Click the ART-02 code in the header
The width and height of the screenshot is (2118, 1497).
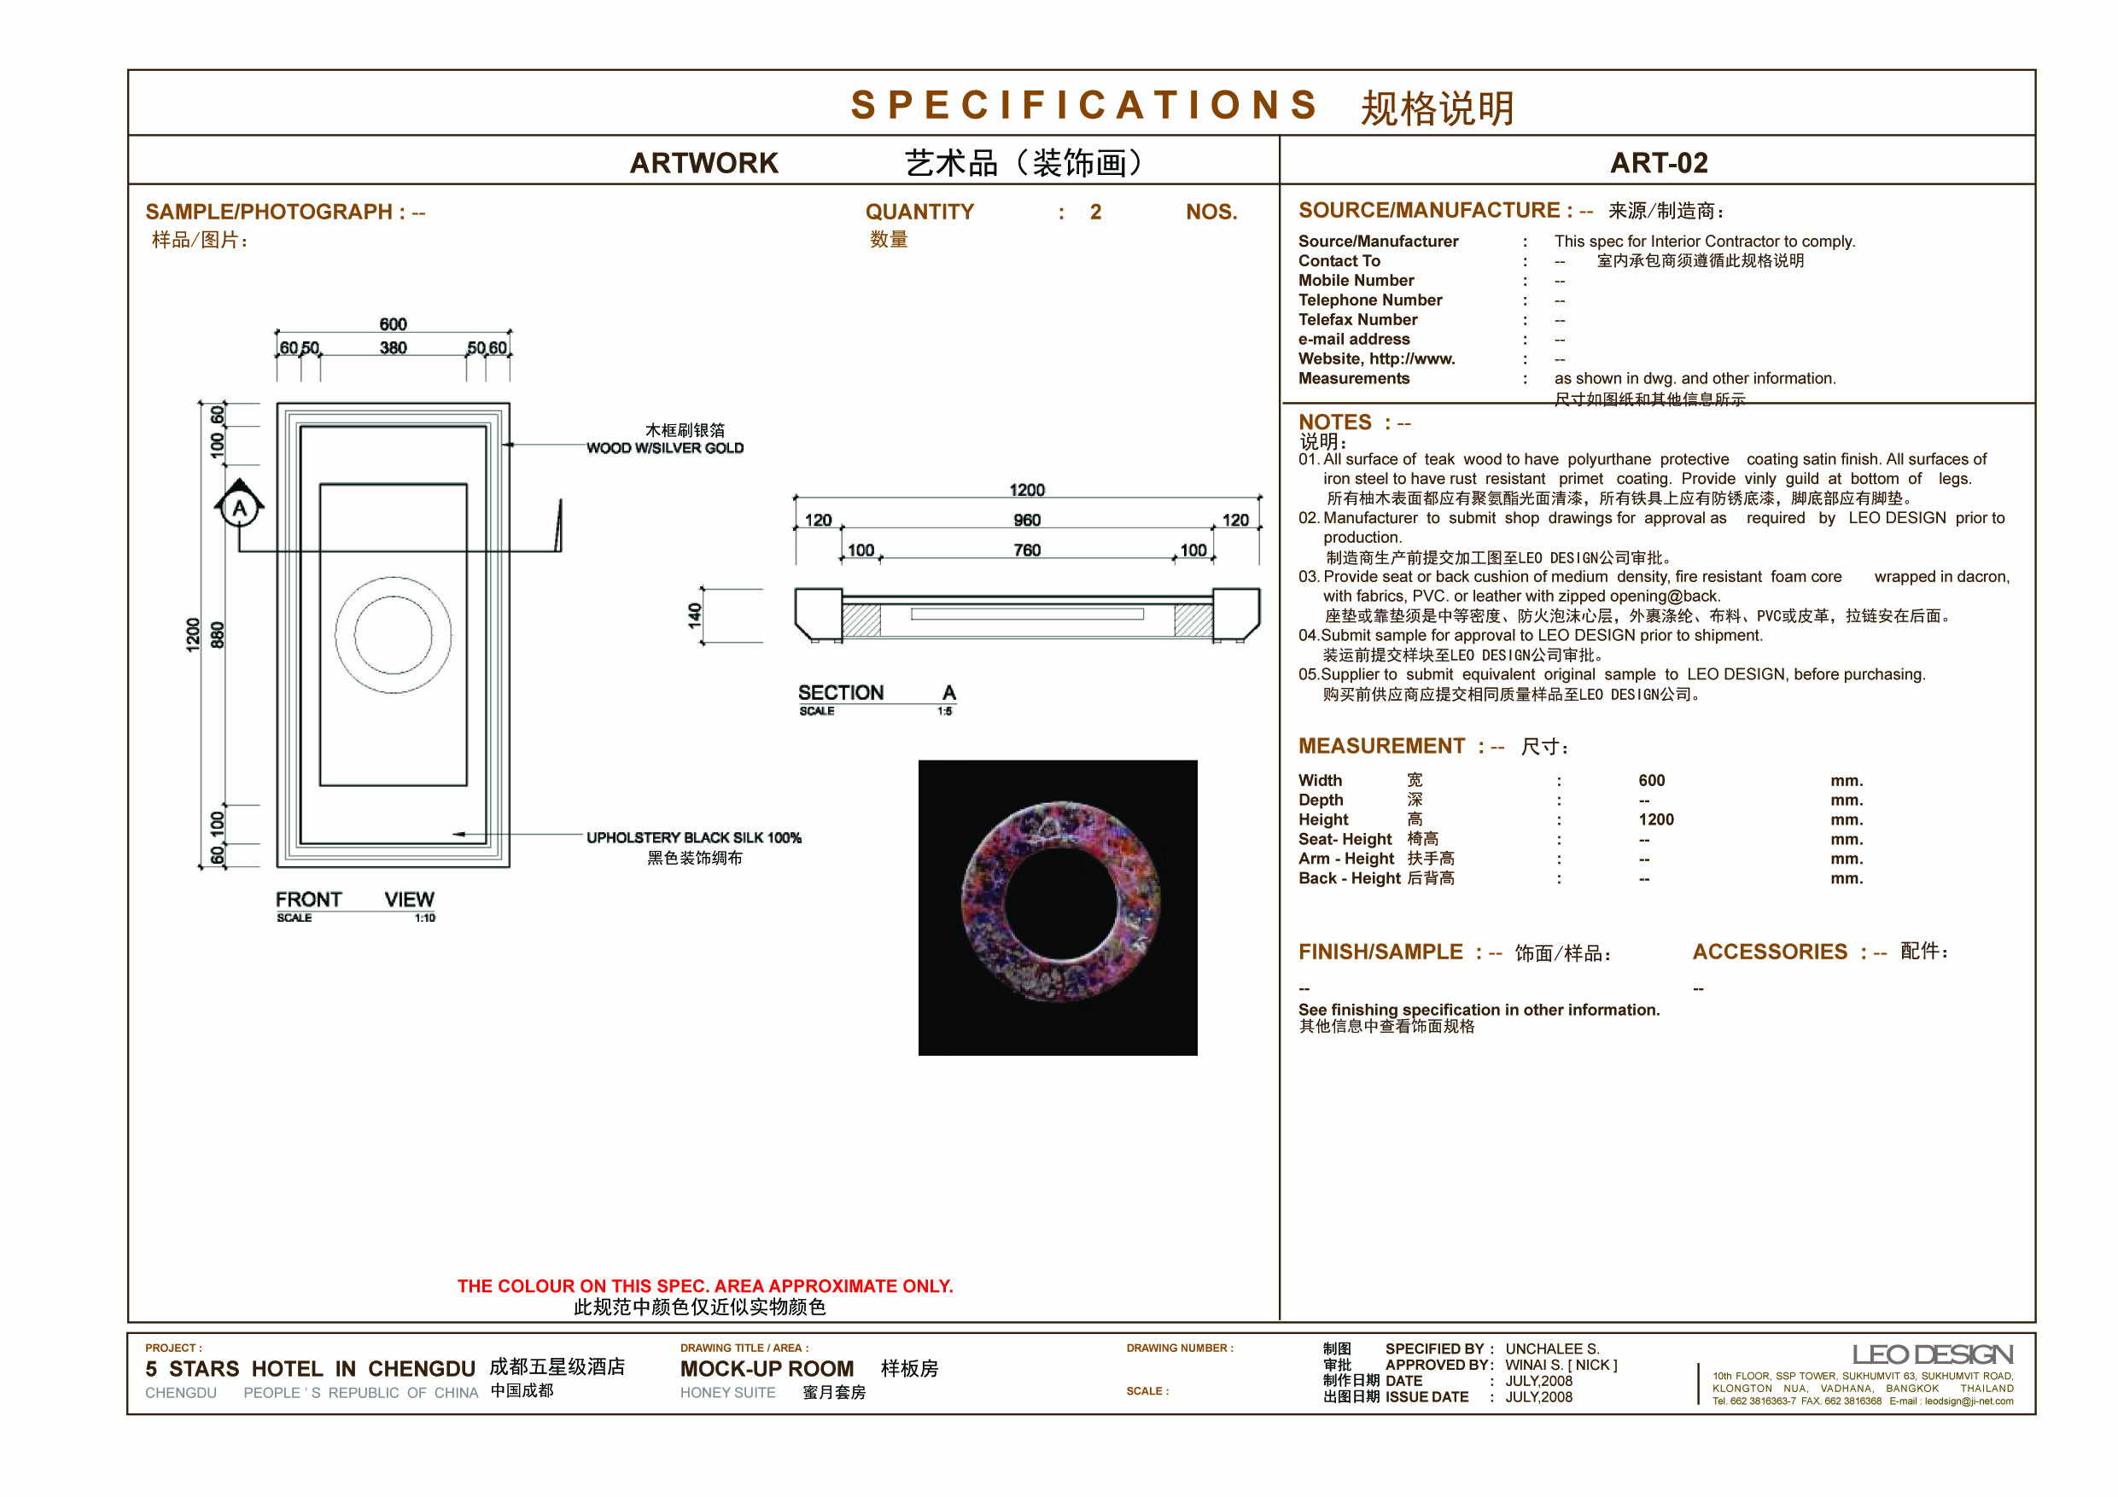pyautogui.click(x=1658, y=163)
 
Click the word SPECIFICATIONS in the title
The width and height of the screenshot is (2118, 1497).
pyautogui.click(x=1084, y=105)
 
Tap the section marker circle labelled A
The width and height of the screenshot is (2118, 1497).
pyautogui.click(x=240, y=507)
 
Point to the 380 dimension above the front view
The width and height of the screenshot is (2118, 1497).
pyautogui.click(x=393, y=347)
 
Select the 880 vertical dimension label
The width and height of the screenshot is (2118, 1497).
pyautogui.click(x=218, y=635)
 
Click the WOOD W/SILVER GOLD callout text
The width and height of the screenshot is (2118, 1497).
pyautogui.click(x=664, y=448)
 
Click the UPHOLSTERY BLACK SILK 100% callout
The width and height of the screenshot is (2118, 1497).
pyautogui.click(x=694, y=837)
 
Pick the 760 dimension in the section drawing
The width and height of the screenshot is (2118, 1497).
pyautogui.click(x=1027, y=550)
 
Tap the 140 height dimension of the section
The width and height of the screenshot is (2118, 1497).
pyautogui.click(x=695, y=615)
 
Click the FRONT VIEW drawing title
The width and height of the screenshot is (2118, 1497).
pyautogui.click(x=354, y=900)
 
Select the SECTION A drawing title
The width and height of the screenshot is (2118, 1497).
pyautogui.click(x=877, y=693)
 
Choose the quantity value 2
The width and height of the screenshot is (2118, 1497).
pyautogui.click(x=1095, y=213)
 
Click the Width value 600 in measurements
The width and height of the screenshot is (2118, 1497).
pyautogui.click(x=1651, y=780)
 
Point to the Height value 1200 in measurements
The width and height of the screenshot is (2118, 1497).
pyautogui.click(x=1656, y=819)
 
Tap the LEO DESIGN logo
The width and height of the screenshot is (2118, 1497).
pyautogui.click(x=1932, y=1354)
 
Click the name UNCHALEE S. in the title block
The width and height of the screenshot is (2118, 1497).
pyautogui.click(x=1552, y=1348)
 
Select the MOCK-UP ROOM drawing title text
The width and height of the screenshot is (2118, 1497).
pyautogui.click(x=767, y=1369)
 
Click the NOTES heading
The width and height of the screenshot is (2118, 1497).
pyautogui.click(x=1335, y=422)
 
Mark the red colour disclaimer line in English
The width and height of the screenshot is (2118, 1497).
pyautogui.click(x=705, y=1286)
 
